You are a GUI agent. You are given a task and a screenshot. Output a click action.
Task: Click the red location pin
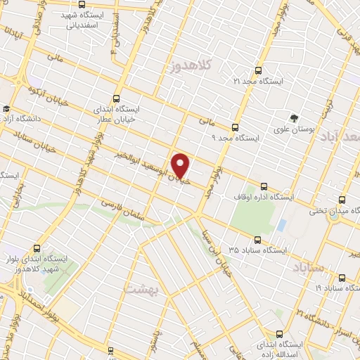pyautogui.click(x=181, y=165)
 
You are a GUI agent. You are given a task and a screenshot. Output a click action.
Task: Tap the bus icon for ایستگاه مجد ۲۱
pyautogui.click(x=258, y=70)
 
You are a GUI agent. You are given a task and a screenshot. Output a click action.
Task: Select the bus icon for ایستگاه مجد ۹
pyautogui.click(x=235, y=127)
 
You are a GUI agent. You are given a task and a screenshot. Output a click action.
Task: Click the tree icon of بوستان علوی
pyautogui.click(x=295, y=117)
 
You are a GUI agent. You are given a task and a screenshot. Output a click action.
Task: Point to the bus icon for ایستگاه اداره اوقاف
pyautogui.click(x=264, y=186)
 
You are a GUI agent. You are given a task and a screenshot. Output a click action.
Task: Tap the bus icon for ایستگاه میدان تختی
pyautogui.click(x=342, y=200)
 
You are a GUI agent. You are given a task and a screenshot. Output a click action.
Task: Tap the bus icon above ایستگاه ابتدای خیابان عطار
pyautogui.click(x=116, y=99)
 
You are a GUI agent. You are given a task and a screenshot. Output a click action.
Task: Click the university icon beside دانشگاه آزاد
pyautogui.click(x=6, y=109)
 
